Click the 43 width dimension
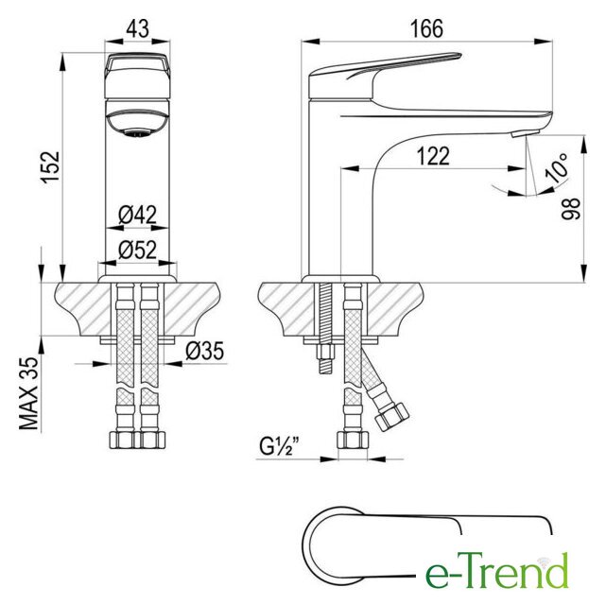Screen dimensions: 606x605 point(138,28)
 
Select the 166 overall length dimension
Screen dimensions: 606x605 point(426,28)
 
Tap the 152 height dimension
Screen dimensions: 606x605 point(51,167)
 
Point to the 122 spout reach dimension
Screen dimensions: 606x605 point(433,156)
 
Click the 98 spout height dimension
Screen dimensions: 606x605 point(571,209)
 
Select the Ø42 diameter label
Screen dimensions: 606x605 point(138,215)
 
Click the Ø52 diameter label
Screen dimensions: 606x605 point(138,250)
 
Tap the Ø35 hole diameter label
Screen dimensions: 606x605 point(205,351)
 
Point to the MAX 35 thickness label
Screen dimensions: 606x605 point(29,393)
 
